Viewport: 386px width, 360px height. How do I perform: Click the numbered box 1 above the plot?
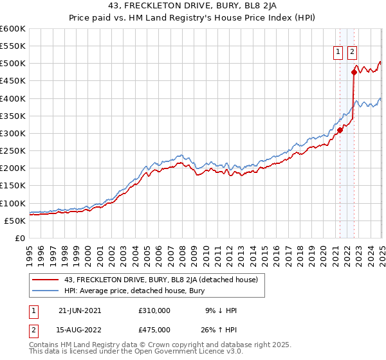click(x=338, y=53)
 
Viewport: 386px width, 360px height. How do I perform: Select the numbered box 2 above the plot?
click(x=353, y=53)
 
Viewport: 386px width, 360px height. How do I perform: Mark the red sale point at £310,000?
click(x=340, y=130)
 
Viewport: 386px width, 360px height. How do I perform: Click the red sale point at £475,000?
click(x=354, y=72)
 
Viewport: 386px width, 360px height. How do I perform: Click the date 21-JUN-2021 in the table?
click(x=80, y=310)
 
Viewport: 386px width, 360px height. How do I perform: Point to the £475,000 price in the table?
click(x=154, y=330)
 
